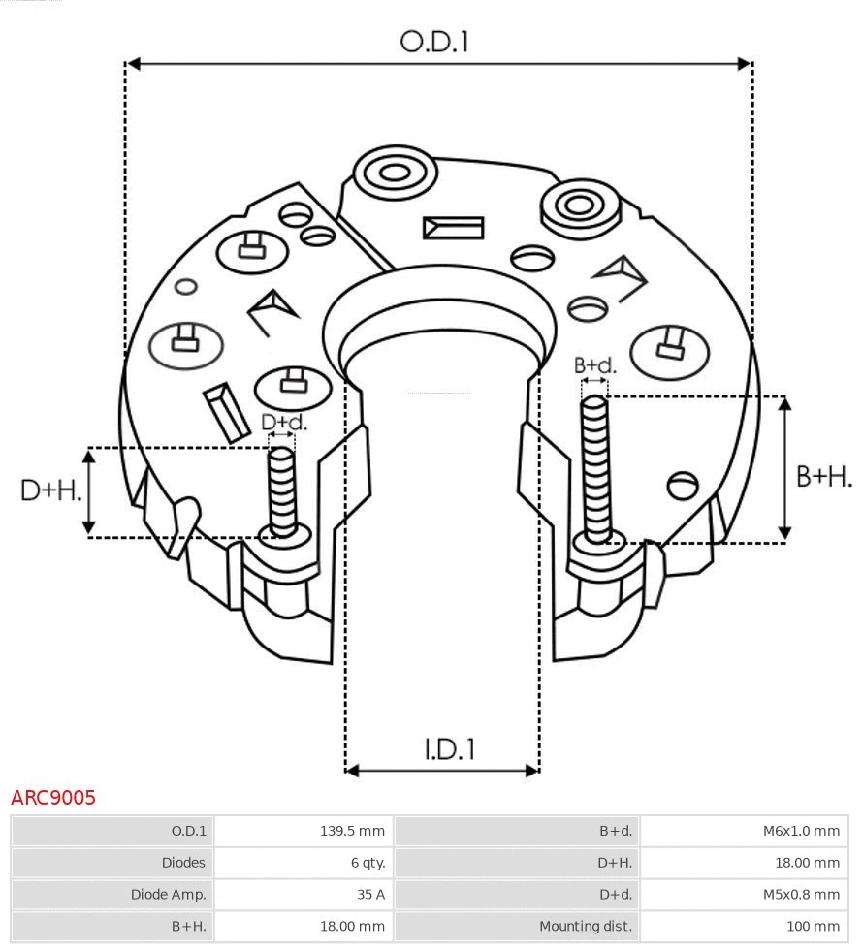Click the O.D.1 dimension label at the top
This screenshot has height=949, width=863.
(x=434, y=42)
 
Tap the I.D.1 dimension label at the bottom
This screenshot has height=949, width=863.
(x=449, y=749)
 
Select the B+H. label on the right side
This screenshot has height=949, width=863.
(x=823, y=476)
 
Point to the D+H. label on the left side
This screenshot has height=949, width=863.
(x=50, y=490)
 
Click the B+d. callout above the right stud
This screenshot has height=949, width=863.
(x=594, y=365)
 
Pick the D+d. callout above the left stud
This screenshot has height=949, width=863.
(x=283, y=423)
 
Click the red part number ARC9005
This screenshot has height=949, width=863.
(x=53, y=798)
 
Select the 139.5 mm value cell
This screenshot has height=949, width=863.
(x=352, y=831)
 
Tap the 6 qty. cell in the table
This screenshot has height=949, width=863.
(x=366, y=863)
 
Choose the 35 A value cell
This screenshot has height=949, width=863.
(x=369, y=895)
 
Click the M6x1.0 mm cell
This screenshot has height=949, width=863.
(x=801, y=831)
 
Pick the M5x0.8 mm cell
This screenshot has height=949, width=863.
(x=801, y=895)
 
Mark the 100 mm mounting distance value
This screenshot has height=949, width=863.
(x=813, y=926)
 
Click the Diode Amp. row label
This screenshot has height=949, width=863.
(x=169, y=895)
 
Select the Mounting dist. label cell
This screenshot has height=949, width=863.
(x=586, y=926)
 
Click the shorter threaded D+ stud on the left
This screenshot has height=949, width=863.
(x=283, y=490)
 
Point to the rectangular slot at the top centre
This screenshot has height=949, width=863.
(x=453, y=228)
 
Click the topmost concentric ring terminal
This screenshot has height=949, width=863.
(x=394, y=174)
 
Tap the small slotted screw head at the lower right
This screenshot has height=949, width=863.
(x=684, y=483)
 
